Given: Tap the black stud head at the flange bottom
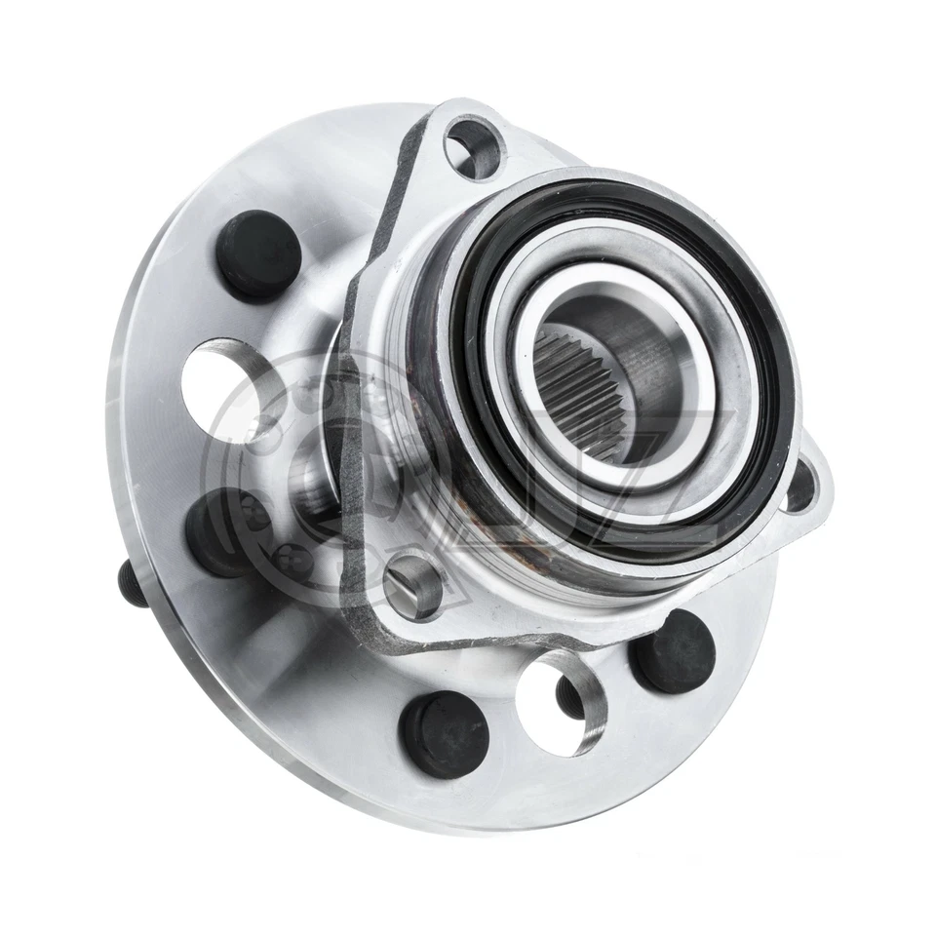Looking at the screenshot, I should (x=444, y=733).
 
